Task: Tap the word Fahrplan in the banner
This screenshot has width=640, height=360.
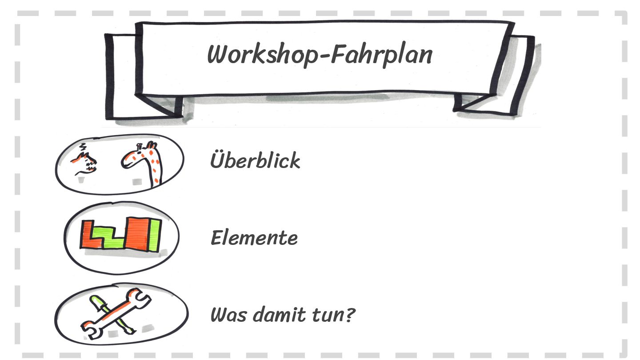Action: pos(382,56)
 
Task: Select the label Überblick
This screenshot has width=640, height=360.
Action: pos(255,160)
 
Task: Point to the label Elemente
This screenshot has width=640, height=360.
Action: pos(254,238)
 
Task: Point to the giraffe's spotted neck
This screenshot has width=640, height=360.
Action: pos(154,167)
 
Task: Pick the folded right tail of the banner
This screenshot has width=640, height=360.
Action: pos(520,76)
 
